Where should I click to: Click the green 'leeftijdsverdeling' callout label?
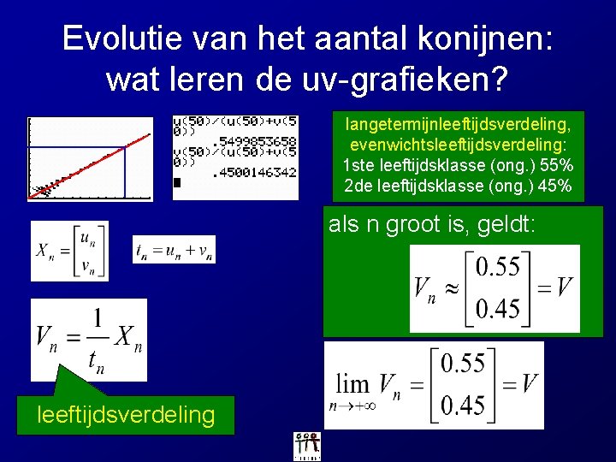click(x=126, y=415)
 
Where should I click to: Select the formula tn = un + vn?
click(x=175, y=249)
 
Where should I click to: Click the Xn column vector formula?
click(x=69, y=250)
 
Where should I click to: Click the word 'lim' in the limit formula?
click(x=352, y=382)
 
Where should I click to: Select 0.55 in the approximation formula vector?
click(x=498, y=267)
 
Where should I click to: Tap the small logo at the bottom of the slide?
click(x=307, y=445)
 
